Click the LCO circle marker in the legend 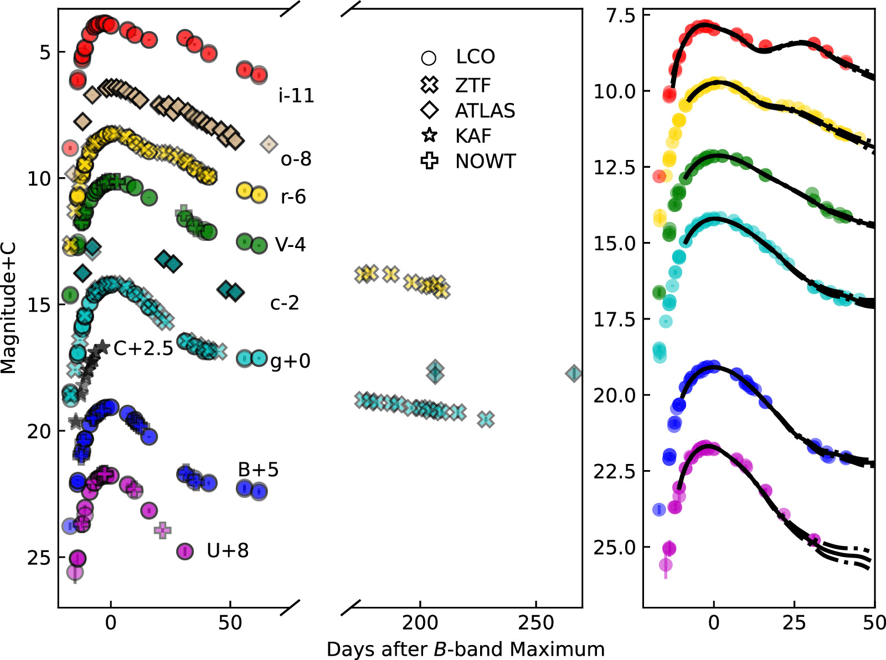coord(429,58)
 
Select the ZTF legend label coord(473,85)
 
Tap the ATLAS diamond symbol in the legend coord(430,111)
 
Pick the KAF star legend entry coord(430,136)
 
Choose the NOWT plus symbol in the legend coord(430,161)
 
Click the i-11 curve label coord(296,96)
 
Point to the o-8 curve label coord(296,159)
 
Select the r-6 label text coord(293,197)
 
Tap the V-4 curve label coord(290,244)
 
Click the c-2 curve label coord(285,303)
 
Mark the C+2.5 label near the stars coord(143,348)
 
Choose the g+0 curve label coord(290,361)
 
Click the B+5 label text coord(258,470)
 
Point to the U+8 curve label coord(228,550)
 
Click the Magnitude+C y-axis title coord(9,308)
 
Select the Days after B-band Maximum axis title coord(466,649)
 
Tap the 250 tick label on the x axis coord(536,623)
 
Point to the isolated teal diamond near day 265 coord(574,374)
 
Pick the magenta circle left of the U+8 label coord(185,551)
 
